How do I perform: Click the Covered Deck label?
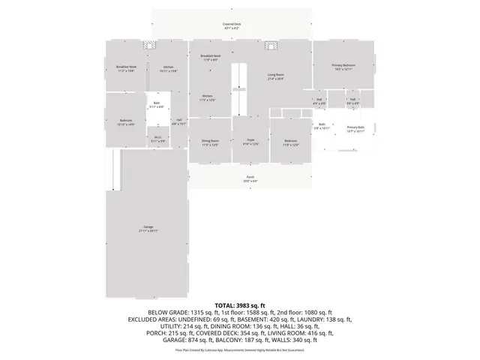[232, 24]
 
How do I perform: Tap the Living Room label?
[276, 75]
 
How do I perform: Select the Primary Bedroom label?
[343, 65]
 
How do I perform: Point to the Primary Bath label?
[355, 127]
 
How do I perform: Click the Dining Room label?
[209, 141]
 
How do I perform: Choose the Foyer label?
[250, 140]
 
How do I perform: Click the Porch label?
[250, 177]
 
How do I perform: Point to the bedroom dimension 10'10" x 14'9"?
[126, 124]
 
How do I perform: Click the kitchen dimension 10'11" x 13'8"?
[169, 70]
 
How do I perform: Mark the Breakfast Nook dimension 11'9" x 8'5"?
[210, 60]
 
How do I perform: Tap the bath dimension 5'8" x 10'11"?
[322, 128]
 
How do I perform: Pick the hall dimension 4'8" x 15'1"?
[179, 124]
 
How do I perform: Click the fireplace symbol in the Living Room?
[271, 45]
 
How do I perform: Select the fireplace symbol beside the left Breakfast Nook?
[149, 45]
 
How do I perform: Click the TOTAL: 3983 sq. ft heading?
[240, 305]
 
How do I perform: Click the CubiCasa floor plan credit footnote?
[240, 349]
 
